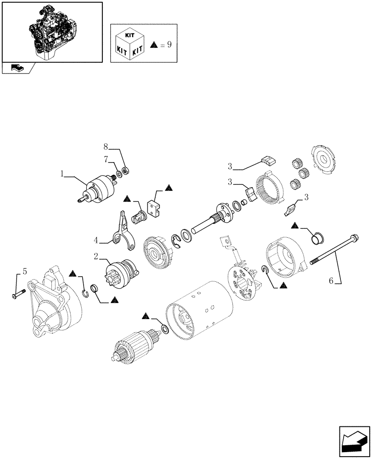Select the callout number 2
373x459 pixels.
(x=96, y=257)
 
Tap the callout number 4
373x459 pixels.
(x=96, y=239)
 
